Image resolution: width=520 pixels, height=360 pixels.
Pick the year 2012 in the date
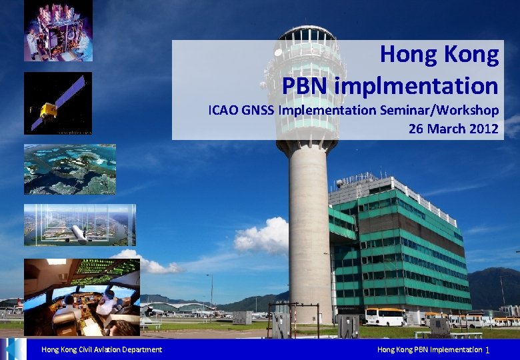click(x=483, y=129)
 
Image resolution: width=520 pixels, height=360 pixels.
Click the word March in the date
click(x=445, y=129)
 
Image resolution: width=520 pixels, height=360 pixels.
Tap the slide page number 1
click(x=488, y=350)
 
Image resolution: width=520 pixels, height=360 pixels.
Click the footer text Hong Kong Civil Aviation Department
click(x=101, y=350)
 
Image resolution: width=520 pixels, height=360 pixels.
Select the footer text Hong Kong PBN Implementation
click(x=429, y=350)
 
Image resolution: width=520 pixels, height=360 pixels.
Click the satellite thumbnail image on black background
click(x=58, y=103)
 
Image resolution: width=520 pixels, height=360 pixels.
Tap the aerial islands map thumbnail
click(x=69, y=169)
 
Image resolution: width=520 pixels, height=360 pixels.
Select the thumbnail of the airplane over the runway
click(x=79, y=225)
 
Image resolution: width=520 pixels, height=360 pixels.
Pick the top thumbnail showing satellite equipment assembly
click(x=58, y=31)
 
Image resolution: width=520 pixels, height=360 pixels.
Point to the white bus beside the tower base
click(x=385, y=317)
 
